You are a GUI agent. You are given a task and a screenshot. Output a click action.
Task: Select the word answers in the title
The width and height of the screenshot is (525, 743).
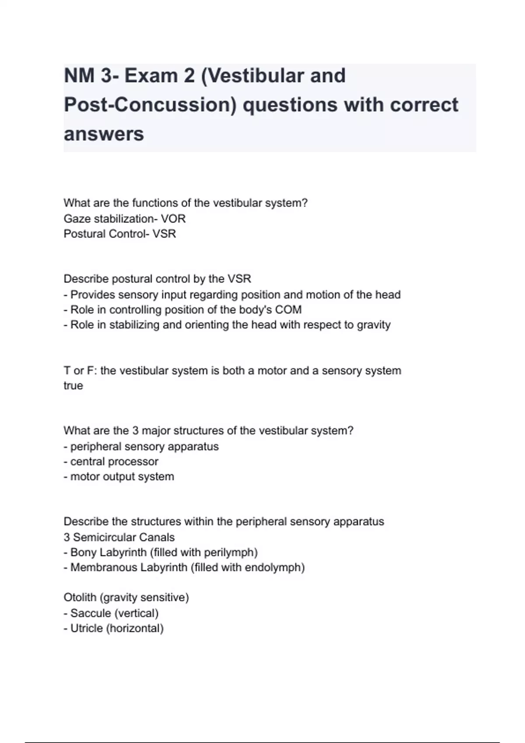point(104,134)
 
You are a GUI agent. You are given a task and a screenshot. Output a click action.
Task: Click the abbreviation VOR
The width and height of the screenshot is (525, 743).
point(173,219)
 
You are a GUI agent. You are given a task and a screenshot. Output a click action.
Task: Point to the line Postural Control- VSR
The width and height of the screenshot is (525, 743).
point(119,234)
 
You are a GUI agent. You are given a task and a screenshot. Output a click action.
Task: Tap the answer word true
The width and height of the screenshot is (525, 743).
point(73,385)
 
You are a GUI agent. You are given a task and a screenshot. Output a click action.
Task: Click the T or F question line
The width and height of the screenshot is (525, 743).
point(232,371)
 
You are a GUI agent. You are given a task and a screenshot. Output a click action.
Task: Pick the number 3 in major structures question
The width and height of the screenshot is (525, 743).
point(135,431)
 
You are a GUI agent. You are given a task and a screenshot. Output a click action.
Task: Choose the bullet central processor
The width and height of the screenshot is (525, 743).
point(114,462)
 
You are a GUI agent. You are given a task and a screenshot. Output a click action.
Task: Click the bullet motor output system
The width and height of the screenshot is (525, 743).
point(122,476)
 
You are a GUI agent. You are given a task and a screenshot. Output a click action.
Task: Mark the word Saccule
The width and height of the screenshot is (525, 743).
point(91,613)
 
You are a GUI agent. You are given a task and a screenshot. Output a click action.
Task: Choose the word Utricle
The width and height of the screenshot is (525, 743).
point(86,628)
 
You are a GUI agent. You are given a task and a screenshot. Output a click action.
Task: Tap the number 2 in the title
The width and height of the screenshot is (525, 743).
point(189,76)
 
